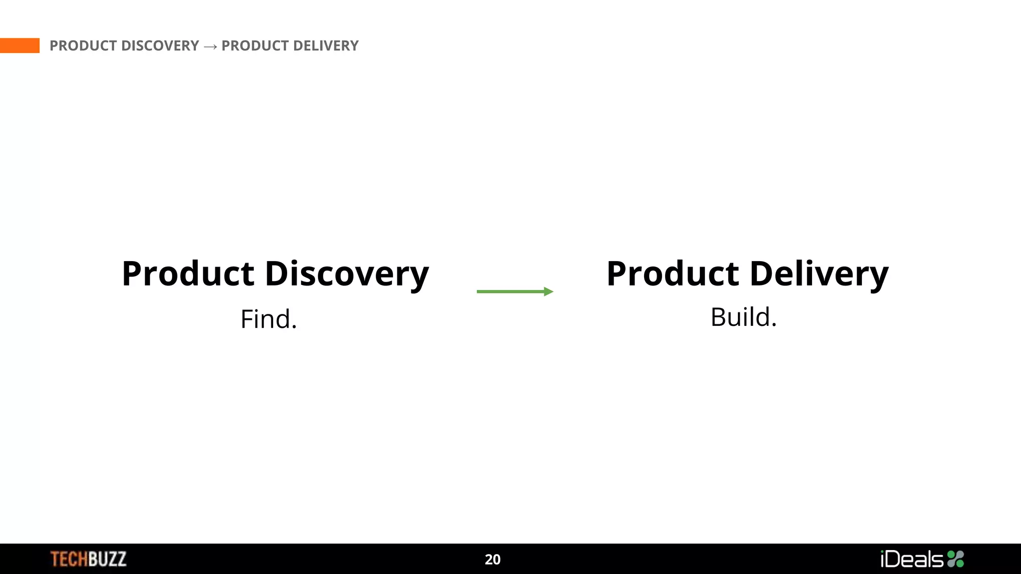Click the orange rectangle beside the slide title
pos(19,45)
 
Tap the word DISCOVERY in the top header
pos(160,46)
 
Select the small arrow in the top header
pos(210,46)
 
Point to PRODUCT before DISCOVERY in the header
pos(83,46)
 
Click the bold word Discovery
pos(346,274)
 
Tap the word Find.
pos(269,319)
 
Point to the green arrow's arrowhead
pos(548,291)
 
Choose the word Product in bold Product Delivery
pos(673,274)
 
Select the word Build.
pos(743,317)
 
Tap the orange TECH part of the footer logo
pos(69,559)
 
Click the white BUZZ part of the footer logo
pos(108,559)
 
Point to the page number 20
pos(493,560)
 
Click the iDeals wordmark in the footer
pos(912,559)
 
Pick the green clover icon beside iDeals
pos(956,559)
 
